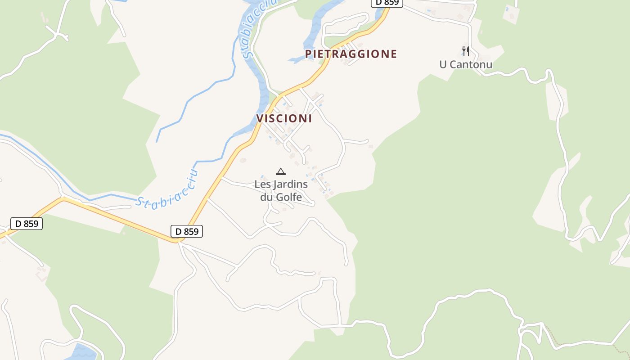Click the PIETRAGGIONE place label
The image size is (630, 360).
pos(351,54)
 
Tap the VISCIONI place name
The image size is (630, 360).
pos(284,118)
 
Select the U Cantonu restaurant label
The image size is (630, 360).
pos(466,64)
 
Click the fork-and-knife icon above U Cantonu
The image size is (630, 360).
pos(466,51)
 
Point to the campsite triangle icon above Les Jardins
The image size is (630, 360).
pos(281,171)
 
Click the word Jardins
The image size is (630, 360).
pos(289,184)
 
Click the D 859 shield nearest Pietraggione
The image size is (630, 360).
pos(387,2)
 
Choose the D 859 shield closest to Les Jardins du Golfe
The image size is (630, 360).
pos(187,231)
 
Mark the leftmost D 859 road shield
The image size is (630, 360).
pos(27,223)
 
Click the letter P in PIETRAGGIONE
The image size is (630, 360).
pos(308,54)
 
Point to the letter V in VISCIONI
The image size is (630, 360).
pos(260,118)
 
